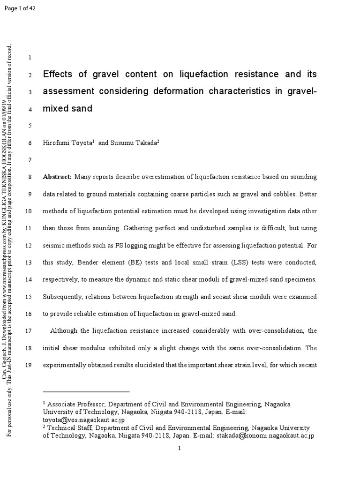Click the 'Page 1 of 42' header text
tap(19, 12)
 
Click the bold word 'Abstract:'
tap(57, 177)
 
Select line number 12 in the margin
tap(28, 245)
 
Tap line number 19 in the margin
tap(28, 365)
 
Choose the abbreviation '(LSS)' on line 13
tap(234, 262)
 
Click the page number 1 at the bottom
tap(180, 449)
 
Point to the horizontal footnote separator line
tap(86, 391)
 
